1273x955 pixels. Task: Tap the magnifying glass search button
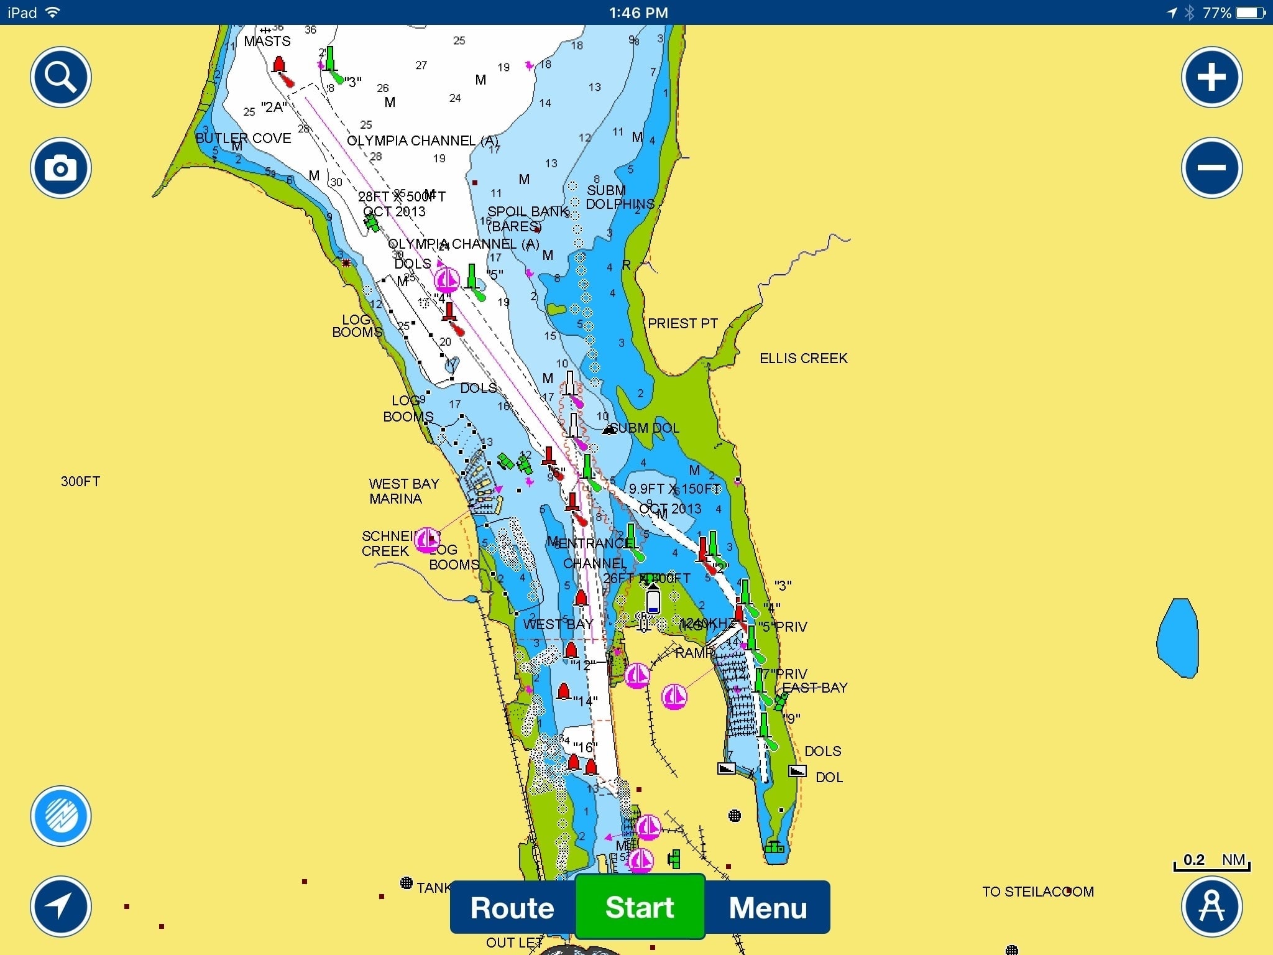coord(61,77)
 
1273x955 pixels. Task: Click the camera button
coord(61,168)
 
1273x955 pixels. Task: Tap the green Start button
coord(640,907)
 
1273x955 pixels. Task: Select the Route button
coord(512,908)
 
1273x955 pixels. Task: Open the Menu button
coord(768,908)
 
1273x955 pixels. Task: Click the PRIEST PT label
coord(682,323)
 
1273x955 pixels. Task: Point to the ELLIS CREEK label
coord(803,358)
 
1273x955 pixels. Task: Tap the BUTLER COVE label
coord(243,138)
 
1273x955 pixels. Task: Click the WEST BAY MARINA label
coord(403,491)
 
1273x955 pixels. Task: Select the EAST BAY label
coord(814,688)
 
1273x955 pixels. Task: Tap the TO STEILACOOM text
coord(1037,892)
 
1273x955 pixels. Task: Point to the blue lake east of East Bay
coord(1177,638)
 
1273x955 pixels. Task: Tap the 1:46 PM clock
coord(638,12)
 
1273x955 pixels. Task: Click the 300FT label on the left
coord(80,481)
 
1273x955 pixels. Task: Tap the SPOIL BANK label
coord(528,212)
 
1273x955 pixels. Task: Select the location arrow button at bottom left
coord(61,907)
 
